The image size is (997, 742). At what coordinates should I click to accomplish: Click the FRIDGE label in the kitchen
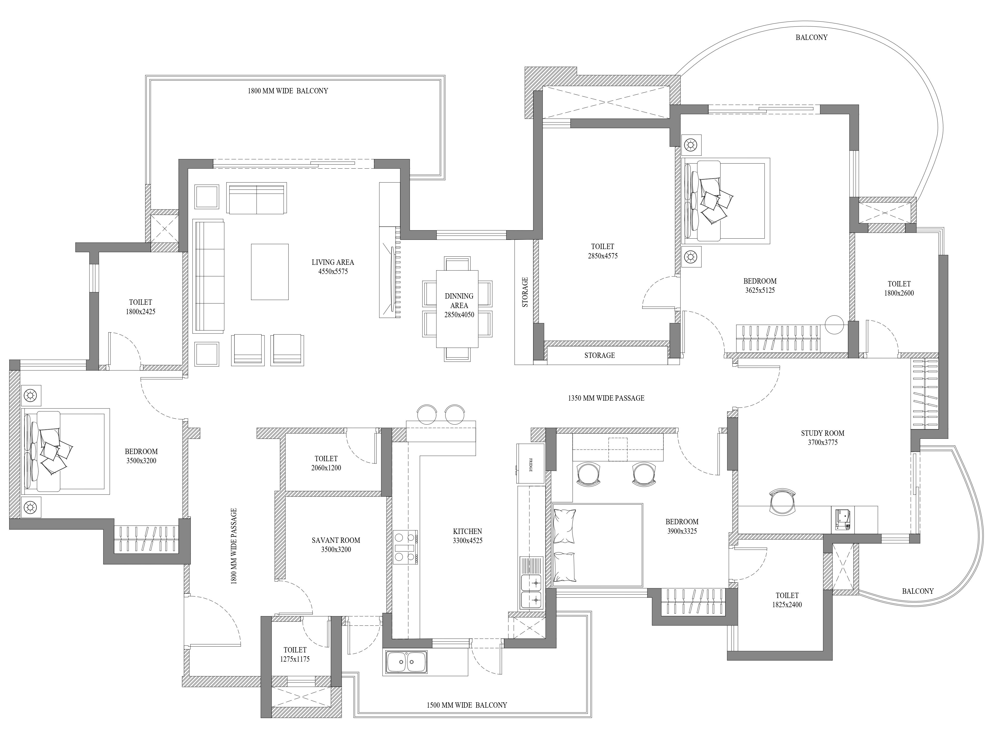pyautogui.click(x=531, y=464)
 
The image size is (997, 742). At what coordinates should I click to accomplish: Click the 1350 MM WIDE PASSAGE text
pyautogui.click(x=606, y=398)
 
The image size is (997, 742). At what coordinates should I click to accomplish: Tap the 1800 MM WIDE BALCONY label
pyautogui.click(x=288, y=91)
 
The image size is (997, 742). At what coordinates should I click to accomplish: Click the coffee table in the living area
pyautogui.click(x=270, y=272)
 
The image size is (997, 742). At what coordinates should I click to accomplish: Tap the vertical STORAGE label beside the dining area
pyautogui.click(x=525, y=292)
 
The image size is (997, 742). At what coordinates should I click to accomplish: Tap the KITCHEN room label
pyautogui.click(x=467, y=531)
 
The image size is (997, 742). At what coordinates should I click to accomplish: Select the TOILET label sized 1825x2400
pyautogui.click(x=787, y=595)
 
